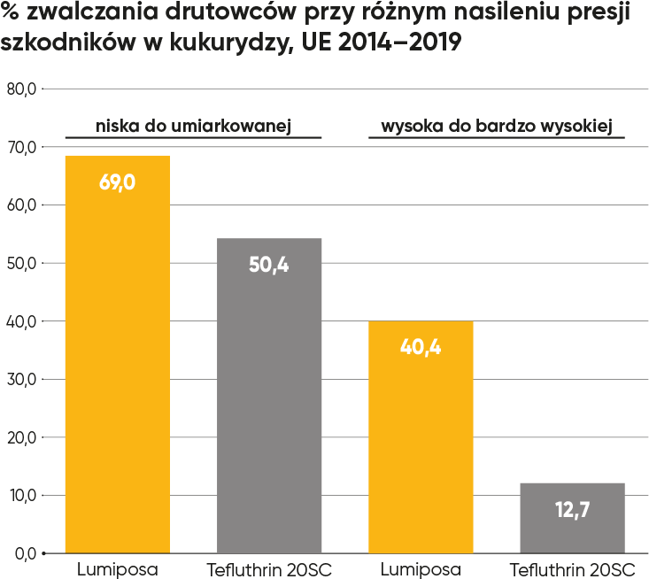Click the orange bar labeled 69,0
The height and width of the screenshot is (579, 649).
117,354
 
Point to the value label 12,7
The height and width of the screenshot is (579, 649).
572,510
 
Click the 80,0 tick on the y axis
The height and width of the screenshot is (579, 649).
19,89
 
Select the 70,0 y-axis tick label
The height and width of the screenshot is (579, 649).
19,147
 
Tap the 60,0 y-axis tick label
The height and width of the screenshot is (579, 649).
19,205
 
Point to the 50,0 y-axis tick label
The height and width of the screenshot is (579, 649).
19,263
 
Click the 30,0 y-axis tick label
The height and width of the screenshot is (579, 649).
19,379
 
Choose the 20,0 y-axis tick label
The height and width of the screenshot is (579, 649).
19,437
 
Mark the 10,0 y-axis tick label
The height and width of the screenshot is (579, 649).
19,495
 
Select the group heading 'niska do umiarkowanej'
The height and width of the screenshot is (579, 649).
193,126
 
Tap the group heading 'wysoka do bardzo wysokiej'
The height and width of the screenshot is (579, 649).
497,126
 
